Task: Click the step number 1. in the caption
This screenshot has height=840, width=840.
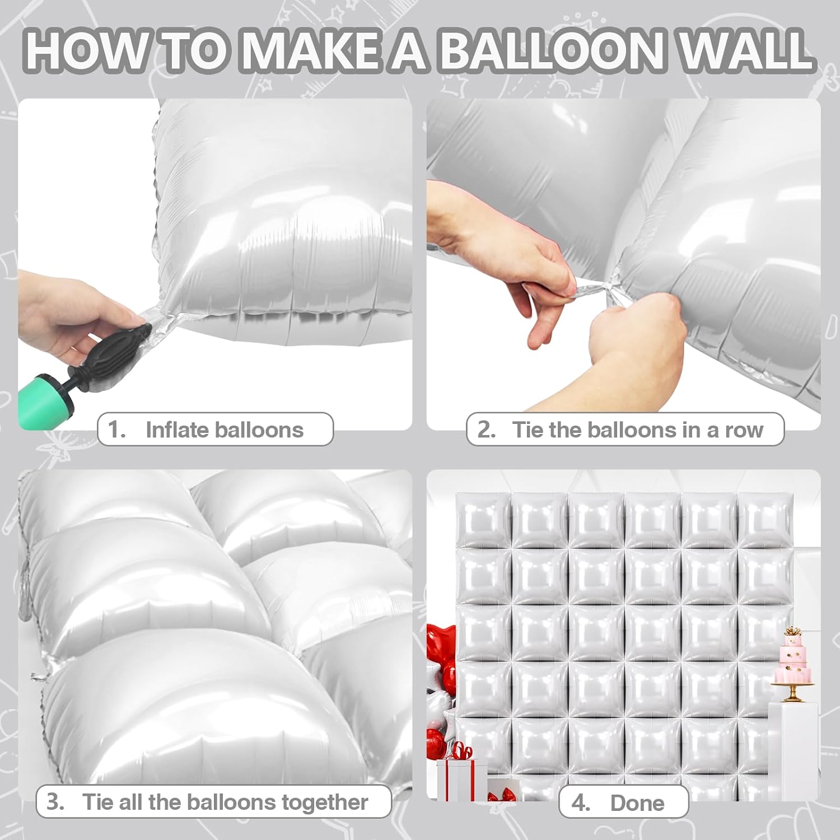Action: click(117, 430)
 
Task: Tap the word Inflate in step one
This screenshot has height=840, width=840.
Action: click(178, 430)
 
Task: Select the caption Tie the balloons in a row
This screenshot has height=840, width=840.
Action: click(637, 430)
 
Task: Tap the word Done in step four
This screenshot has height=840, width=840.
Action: click(637, 803)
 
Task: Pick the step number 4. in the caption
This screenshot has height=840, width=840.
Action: click(581, 803)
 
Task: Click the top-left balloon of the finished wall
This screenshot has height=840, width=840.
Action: click(483, 520)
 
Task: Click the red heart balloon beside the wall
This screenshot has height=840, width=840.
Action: click(440, 644)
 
